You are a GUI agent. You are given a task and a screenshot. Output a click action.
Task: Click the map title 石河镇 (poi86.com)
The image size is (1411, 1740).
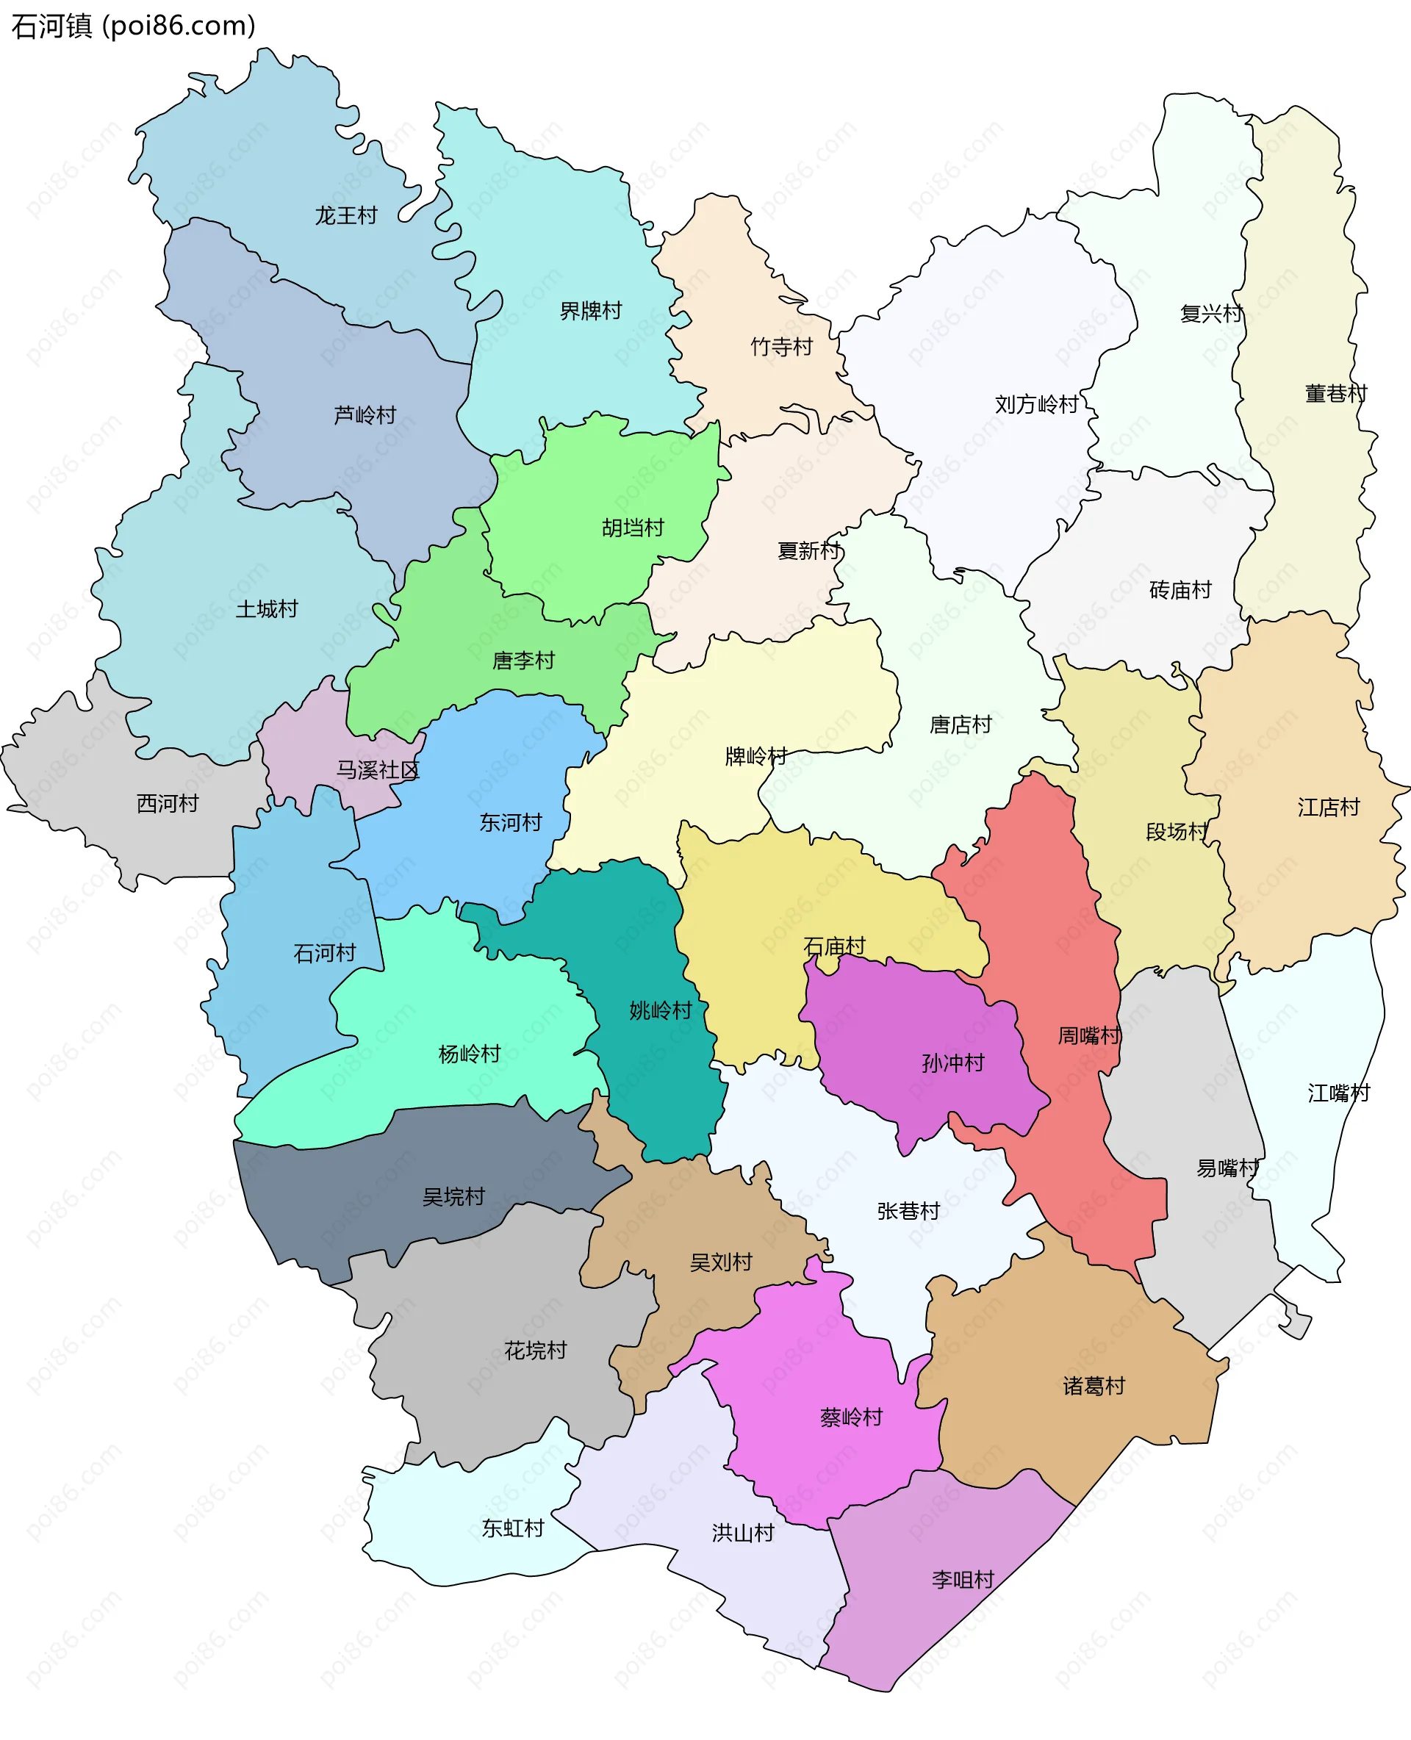[133, 26]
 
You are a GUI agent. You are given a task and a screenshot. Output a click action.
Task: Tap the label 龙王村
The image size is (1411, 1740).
[346, 215]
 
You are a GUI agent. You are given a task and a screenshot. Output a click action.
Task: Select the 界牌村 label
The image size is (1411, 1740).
[591, 311]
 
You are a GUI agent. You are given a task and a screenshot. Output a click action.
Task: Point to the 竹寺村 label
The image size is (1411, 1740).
[782, 347]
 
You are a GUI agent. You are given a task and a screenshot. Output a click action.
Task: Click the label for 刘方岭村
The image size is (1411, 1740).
[1037, 404]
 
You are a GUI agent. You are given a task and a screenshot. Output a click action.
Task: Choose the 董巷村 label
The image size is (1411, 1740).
[1336, 393]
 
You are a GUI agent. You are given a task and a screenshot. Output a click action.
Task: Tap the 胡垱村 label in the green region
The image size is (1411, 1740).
[633, 528]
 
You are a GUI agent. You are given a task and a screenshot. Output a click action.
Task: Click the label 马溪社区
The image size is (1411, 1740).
[378, 769]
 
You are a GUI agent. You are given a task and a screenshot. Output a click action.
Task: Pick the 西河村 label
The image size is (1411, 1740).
[168, 803]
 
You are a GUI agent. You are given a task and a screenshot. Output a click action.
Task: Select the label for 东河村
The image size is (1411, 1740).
[511, 822]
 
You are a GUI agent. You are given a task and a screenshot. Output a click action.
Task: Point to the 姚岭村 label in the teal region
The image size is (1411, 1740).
[661, 1010]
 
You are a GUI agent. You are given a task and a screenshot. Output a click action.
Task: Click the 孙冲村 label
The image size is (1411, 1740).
[953, 1063]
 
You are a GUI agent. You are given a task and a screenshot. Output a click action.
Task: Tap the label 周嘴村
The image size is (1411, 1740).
[1089, 1035]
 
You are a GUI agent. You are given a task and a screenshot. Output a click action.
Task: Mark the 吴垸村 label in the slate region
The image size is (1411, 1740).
[453, 1196]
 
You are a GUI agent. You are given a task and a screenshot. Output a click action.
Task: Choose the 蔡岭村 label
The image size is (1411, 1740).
[852, 1417]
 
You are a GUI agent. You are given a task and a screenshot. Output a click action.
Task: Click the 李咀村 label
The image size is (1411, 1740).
[963, 1580]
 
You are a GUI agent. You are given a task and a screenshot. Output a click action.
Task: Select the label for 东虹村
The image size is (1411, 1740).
[513, 1528]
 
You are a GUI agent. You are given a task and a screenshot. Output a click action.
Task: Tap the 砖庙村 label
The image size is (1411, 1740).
[1180, 590]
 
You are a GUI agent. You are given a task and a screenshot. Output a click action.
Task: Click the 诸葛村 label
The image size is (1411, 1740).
[1094, 1386]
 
